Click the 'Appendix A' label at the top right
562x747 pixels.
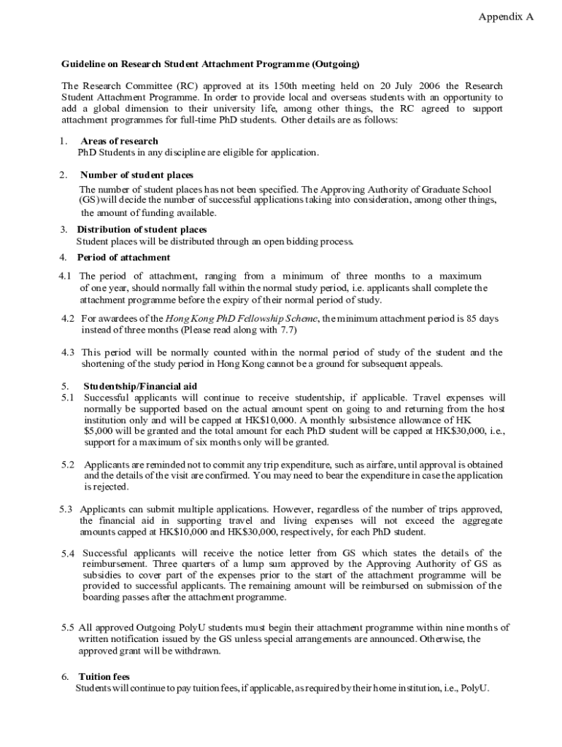(506, 16)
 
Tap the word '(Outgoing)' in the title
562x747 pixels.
(336, 64)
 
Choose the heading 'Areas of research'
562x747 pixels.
(119, 141)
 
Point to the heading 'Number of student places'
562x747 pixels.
(136, 175)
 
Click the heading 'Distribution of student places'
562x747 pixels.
(142, 230)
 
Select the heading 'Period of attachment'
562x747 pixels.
(123, 258)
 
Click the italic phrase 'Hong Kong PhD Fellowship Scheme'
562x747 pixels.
(242, 319)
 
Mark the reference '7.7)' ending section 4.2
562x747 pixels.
(289, 330)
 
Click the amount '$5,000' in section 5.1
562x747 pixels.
(99, 431)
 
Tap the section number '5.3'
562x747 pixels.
(66, 509)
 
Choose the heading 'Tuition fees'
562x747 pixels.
(104, 677)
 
